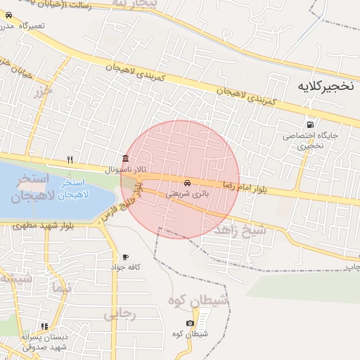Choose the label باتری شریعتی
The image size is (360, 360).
click(186, 193)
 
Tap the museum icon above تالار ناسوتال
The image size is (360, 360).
click(125, 158)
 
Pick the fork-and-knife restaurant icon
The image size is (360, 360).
click(69, 159)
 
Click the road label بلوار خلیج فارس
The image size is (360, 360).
click(127, 202)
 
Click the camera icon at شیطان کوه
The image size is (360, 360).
click(189, 323)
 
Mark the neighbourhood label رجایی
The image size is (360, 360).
click(120, 315)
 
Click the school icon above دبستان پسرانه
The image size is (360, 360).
click(44, 326)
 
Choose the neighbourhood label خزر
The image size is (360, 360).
click(43, 91)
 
